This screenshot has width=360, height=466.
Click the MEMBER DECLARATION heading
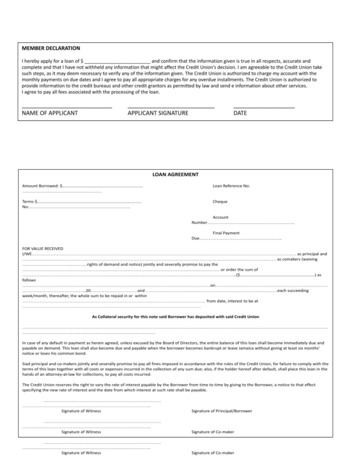point(51,48)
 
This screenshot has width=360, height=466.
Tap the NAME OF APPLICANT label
point(50,113)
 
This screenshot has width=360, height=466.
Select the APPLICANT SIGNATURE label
point(158,113)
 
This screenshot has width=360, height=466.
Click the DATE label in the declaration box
point(240,113)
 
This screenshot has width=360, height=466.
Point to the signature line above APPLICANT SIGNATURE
point(171,107)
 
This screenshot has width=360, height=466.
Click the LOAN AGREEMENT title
point(175,174)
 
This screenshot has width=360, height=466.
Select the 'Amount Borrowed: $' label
point(42,186)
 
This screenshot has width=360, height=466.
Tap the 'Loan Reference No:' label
point(231,186)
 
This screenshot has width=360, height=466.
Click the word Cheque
point(220,202)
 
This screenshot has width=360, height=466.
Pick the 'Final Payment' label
point(226,233)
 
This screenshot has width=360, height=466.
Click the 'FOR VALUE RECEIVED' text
point(43,248)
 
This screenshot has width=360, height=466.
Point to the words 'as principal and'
point(312,253)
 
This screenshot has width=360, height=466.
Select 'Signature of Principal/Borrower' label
point(222,411)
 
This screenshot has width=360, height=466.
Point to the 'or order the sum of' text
point(239,269)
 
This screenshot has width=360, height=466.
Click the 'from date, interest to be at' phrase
point(232,301)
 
